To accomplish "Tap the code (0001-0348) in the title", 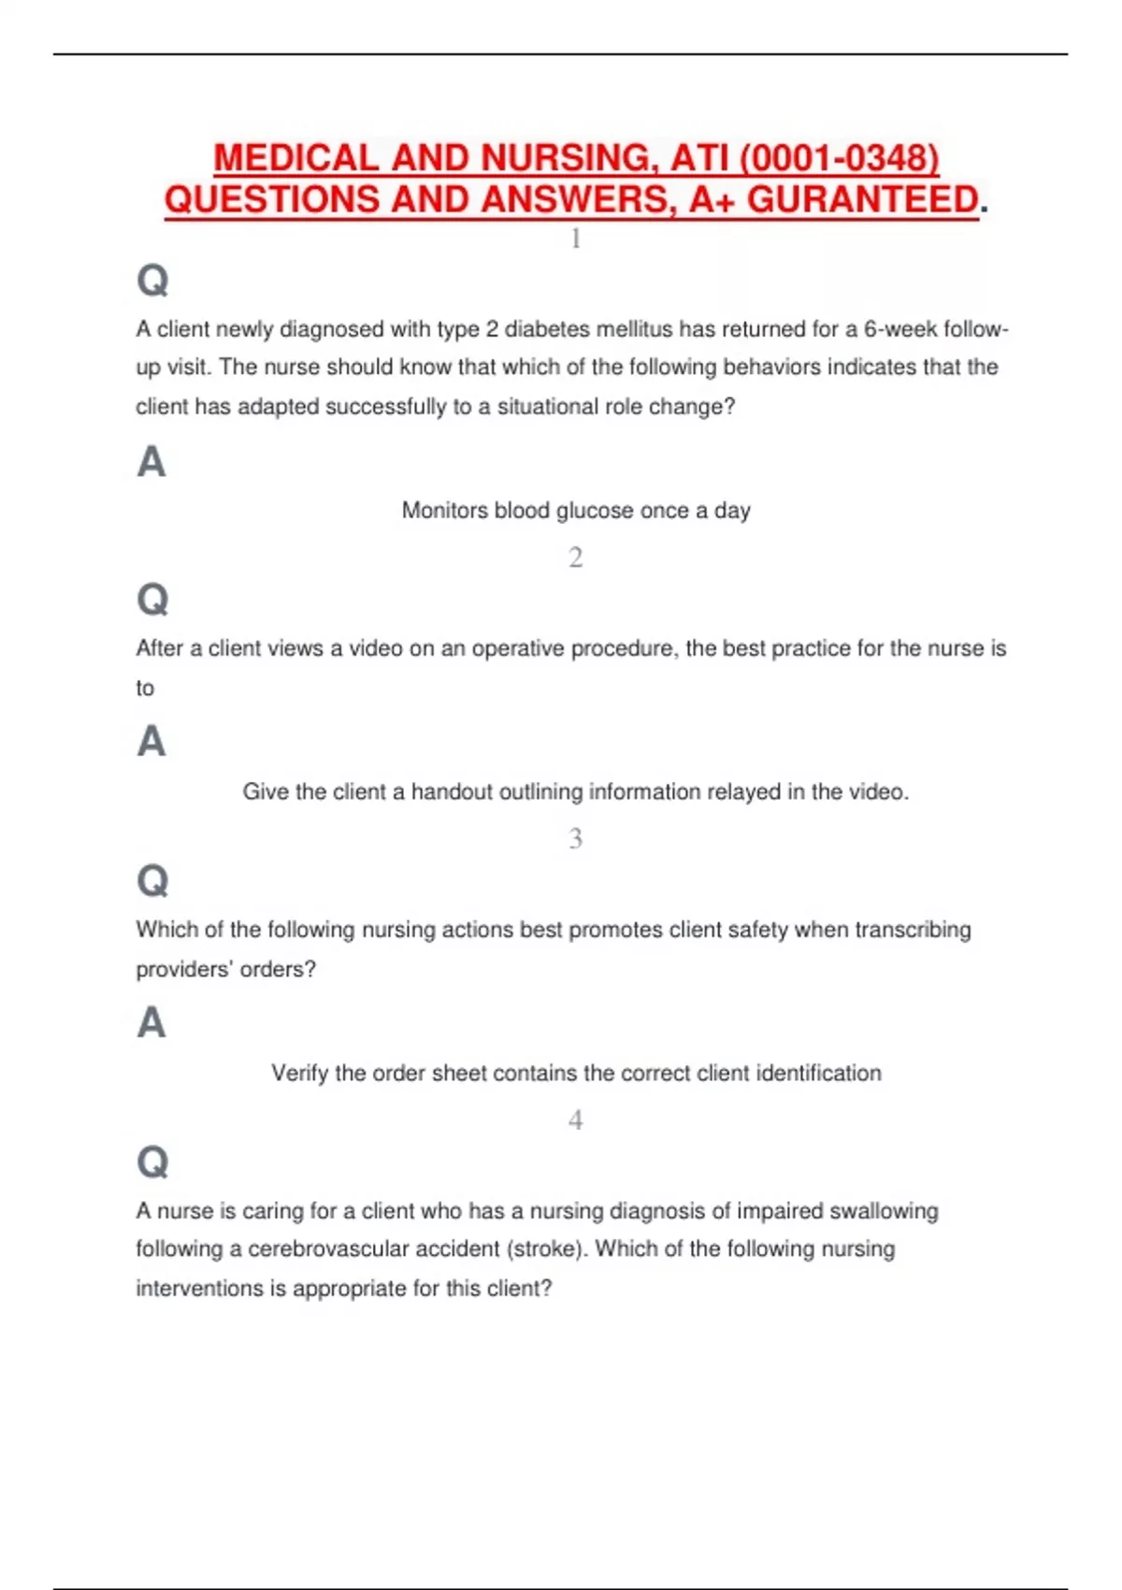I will click(840, 158).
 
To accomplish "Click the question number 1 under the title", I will click(576, 238).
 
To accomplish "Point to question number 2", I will click(576, 557).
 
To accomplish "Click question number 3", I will click(576, 838).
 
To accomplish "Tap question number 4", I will click(576, 1120).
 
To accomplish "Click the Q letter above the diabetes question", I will click(152, 280).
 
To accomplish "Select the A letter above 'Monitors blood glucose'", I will click(151, 462).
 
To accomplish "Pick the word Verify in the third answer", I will click(299, 1073).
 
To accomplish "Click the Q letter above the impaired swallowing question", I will click(152, 1162).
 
